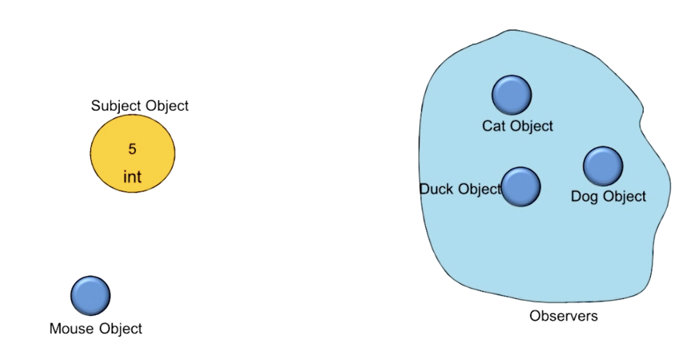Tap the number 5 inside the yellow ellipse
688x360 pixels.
click(x=132, y=149)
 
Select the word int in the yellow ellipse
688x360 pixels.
click(x=132, y=177)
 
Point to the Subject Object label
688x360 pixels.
click(x=140, y=106)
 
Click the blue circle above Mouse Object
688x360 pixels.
click(x=90, y=296)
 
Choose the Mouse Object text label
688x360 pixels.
click(x=96, y=329)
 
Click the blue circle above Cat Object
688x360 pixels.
click(x=511, y=95)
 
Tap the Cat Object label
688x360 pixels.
click(x=518, y=126)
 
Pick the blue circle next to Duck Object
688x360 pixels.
click(x=521, y=187)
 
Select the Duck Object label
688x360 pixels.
click(x=461, y=189)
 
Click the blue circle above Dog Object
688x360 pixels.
click(x=603, y=166)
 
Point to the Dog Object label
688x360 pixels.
click(x=608, y=196)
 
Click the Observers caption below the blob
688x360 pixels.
click(x=564, y=316)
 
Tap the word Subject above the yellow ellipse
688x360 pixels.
click(x=116, y=106)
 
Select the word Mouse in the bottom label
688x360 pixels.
click(x=72, y=329)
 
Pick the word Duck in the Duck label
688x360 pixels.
click(x=436, y=189)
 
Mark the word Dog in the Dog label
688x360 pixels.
click(x=584, y=196)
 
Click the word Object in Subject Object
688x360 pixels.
click(x=165, y=106)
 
